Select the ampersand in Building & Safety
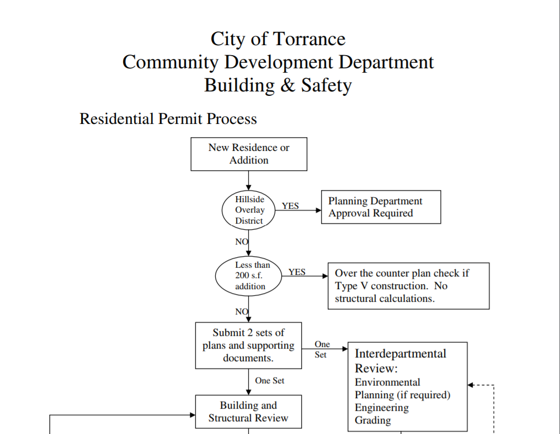288,85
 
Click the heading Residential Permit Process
168,119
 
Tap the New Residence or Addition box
249,154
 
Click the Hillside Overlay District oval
249,210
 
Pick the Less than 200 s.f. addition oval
249,276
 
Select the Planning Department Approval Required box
381,207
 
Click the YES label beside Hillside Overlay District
290,206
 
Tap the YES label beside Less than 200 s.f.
297,272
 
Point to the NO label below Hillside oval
242,242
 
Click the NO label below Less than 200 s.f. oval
242,312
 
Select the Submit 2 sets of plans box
249,345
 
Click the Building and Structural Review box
249,411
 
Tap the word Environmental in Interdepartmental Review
387,382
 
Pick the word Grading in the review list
373,420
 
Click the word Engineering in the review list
382,408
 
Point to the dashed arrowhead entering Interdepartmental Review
471,385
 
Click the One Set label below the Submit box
270,381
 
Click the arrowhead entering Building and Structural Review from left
193,415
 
